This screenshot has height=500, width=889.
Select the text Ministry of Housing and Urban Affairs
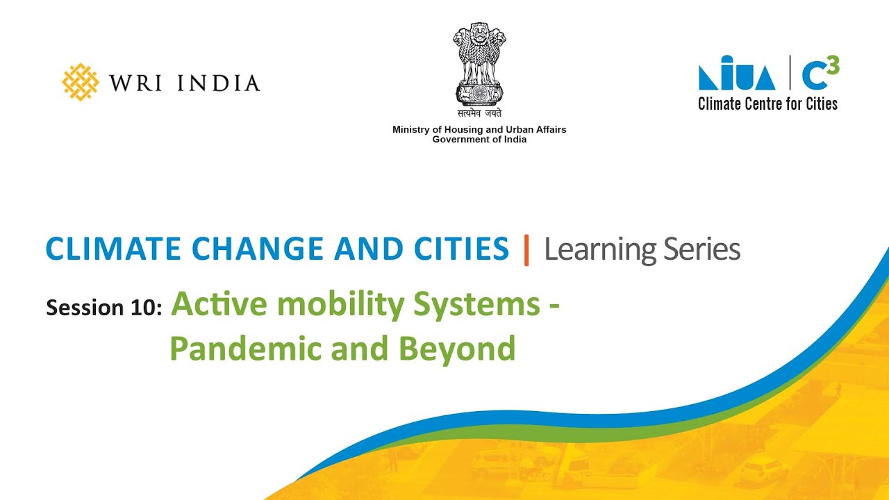[x=479, y=130]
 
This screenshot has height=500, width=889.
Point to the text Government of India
[x=479, y=140]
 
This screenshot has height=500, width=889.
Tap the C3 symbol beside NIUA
[x=820, y=73]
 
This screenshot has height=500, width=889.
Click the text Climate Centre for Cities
[x=767, y=104]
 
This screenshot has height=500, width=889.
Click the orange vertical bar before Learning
[x=526, y=250]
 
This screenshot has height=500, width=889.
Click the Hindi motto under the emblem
[x=479, y=114]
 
